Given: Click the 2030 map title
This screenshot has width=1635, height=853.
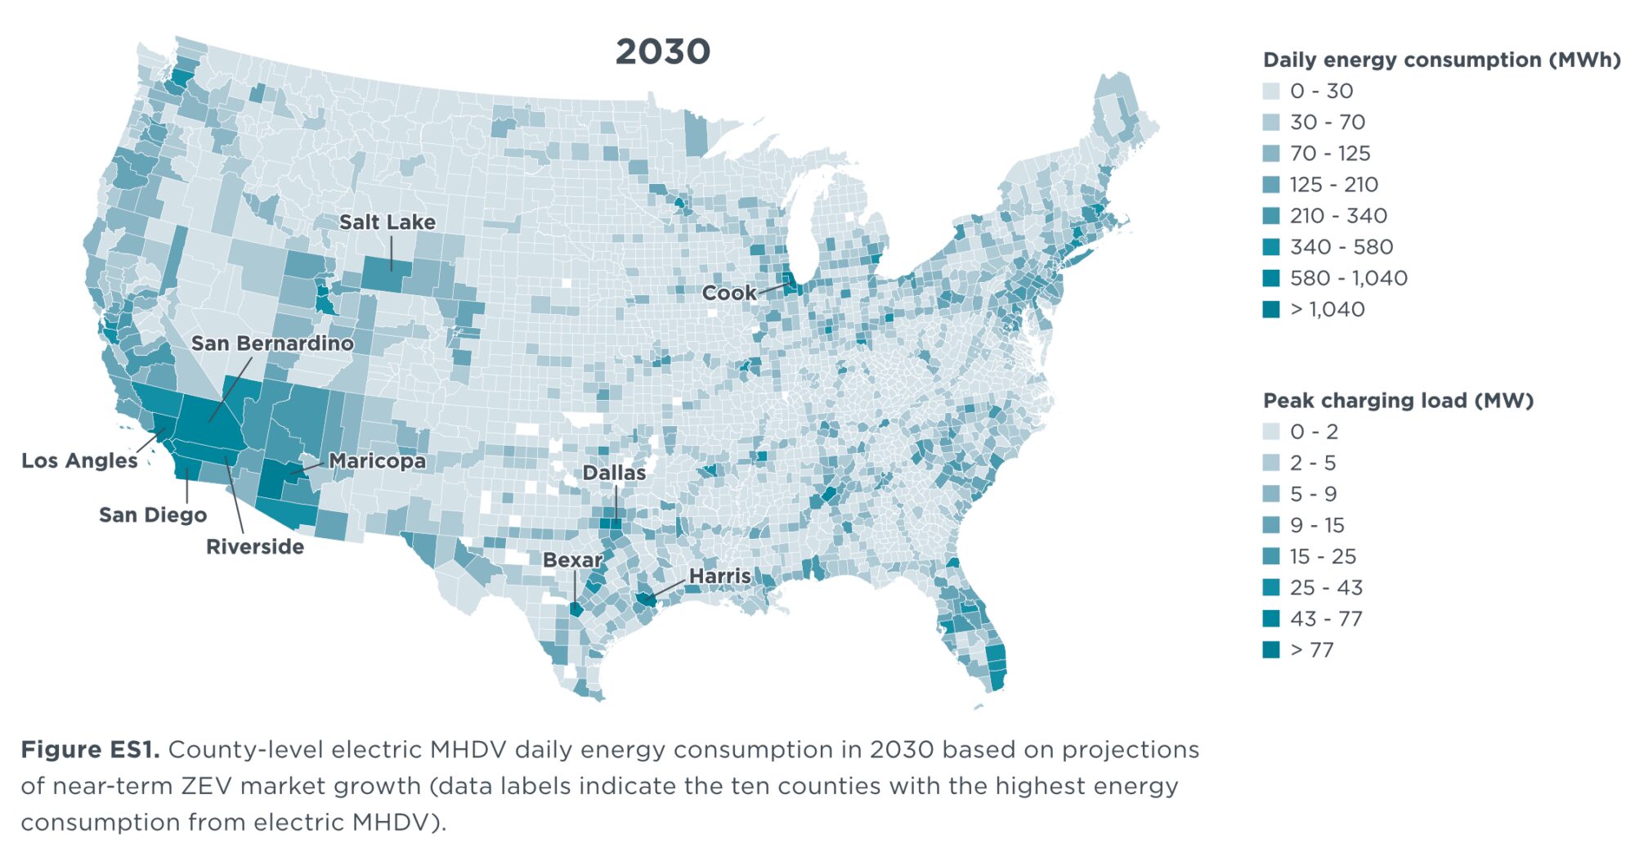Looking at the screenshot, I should click(662, 52).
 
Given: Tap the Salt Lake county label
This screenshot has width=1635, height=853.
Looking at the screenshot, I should click(387, 222).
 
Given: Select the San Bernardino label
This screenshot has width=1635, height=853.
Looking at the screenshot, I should click(272, 343).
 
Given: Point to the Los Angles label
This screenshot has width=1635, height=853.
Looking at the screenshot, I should click(79, 460).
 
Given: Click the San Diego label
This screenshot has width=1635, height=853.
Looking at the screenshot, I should click(153, 514).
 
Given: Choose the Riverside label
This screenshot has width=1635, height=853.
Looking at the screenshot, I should click(255, 546).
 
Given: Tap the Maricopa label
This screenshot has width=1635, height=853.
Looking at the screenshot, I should click(377, 461).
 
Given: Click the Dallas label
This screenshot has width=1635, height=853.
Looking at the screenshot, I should click(614, 473).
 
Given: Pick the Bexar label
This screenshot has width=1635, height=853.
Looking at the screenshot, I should click(572, 560).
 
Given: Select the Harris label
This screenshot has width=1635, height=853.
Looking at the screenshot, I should click(719, 576).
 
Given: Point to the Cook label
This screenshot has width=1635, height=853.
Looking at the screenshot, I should click(729, 293).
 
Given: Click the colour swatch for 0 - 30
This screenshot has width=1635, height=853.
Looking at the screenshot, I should click(1271, 91).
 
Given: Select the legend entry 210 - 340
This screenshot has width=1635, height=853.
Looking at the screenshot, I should click(1337, 216).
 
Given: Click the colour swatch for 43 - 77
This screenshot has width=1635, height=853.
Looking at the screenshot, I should click(1271, 618).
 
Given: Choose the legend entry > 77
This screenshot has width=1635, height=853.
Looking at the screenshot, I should click(1311, 649).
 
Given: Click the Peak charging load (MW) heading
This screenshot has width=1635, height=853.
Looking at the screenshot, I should click(1398, 401).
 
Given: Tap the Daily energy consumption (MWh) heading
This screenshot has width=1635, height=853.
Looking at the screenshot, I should click(1441, 60).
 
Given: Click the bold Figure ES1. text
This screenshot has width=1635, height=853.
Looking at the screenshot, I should click(90, 750).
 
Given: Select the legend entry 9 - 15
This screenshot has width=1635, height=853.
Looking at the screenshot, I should click(1316, 525).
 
